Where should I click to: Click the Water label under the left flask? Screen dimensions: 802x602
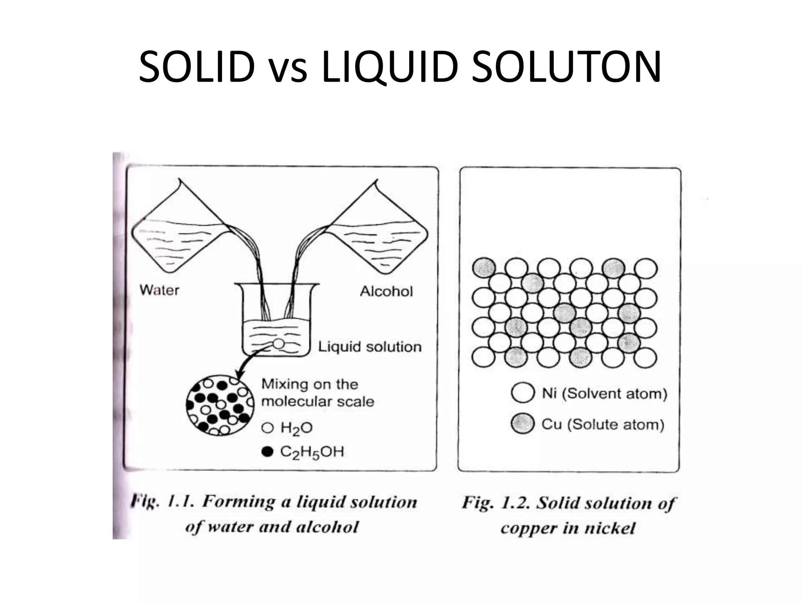coord(159,290)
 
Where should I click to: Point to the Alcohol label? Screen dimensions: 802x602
coord(386,291)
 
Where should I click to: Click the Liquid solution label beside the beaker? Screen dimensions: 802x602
coord(370,346)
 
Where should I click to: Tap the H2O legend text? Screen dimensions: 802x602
coord(296,428)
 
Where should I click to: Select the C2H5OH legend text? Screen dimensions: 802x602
coord(312,452)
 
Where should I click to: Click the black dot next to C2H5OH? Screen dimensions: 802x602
coord(267,452)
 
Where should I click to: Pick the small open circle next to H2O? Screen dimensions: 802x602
coord(267,428)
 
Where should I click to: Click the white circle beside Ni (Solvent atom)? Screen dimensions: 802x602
coord(523,393)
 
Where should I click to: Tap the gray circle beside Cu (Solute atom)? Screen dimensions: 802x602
coord(523,423)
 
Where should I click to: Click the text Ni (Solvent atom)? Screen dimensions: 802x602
coord(604,393)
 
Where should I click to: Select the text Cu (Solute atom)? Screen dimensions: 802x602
coord(603,424)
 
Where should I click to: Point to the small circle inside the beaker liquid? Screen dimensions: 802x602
coord(278,344)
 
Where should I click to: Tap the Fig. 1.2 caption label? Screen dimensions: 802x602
coord(496,503)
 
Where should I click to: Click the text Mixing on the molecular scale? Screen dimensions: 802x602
coord(318,393)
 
